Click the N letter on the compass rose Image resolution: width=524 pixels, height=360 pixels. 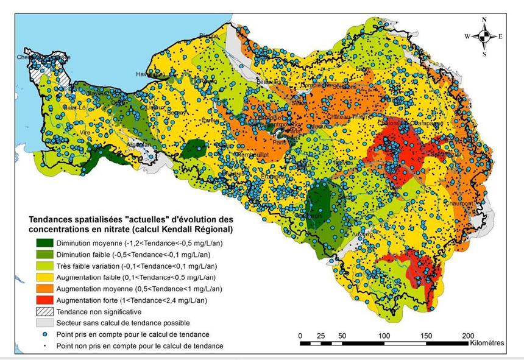coord(484,19)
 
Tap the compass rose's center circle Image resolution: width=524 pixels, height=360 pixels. coord(484,37)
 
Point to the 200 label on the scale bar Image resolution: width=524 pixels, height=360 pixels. coord(467,336)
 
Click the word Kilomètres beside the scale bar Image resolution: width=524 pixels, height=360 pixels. coord(487,344)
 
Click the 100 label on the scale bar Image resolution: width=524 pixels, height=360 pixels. coord(384,336)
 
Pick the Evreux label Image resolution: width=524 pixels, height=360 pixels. coord(211,121)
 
